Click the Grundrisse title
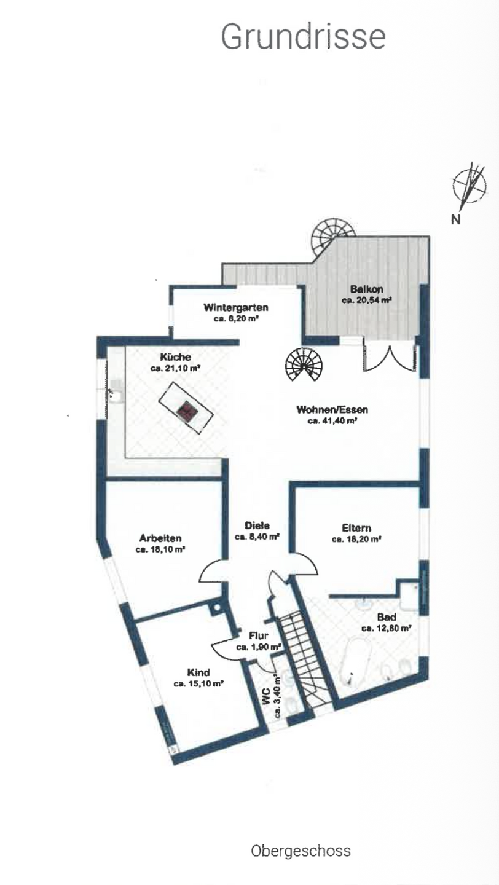(x=303, y=37)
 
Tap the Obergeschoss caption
(x=301, y=851)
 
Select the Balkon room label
(x=367, y=289)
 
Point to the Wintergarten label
(x=236, y=308)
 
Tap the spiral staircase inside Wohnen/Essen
(x=303, y=366)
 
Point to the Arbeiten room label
(x=160, y=538)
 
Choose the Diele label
(x=257, y=525)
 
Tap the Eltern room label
(x=356, y=527)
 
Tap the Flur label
(x=259, y=636)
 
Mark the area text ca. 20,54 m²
(x=367, y=301)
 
